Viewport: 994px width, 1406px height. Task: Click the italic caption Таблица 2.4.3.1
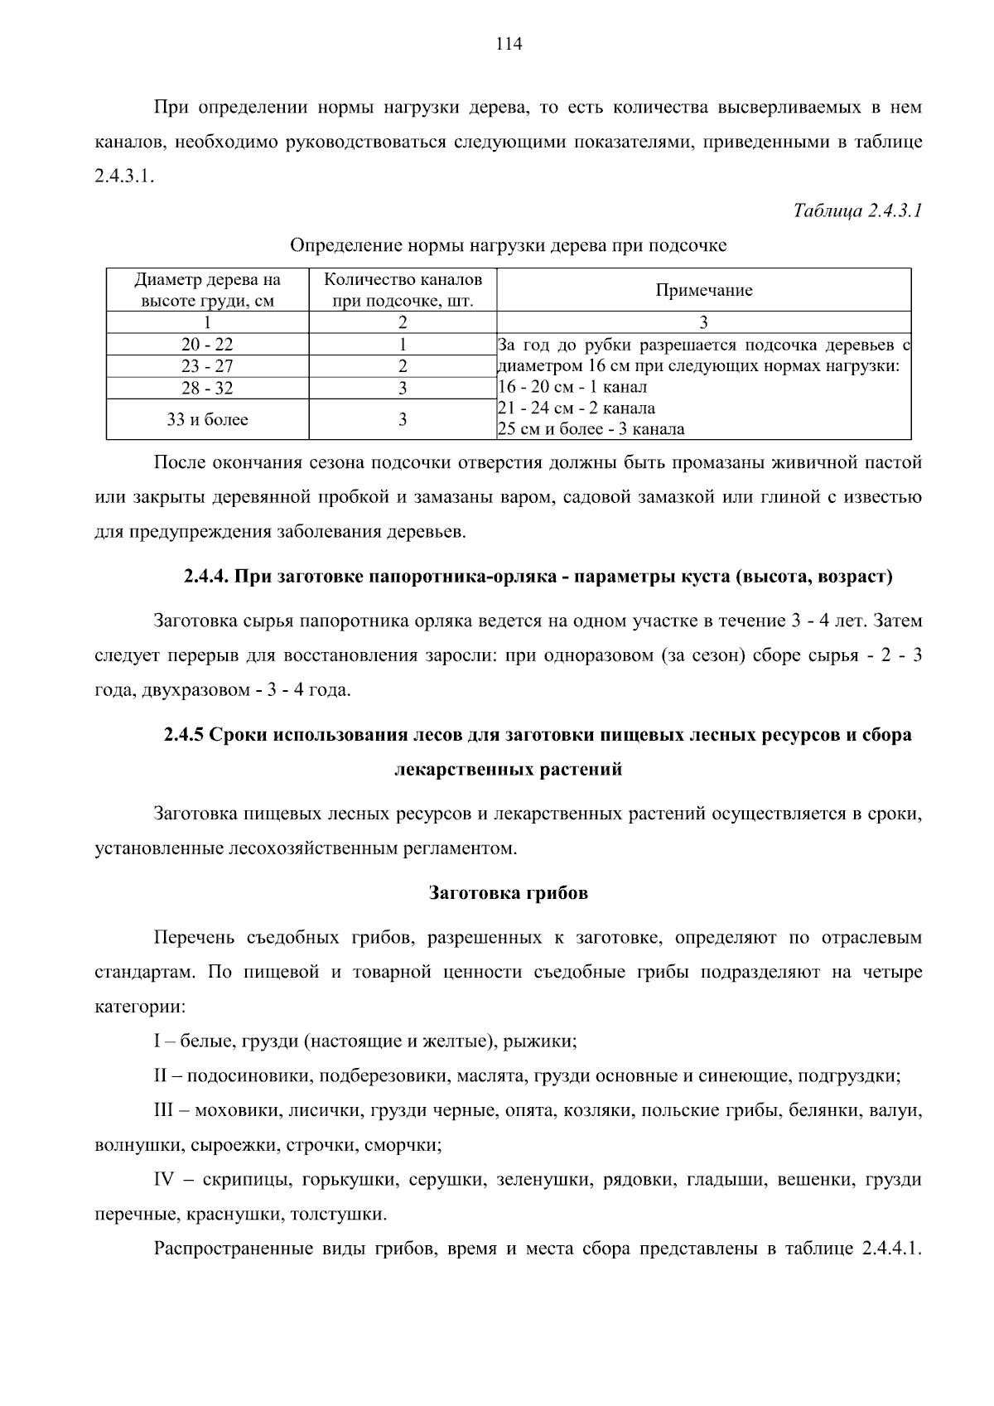(857, 210)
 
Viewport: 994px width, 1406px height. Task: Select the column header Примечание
(703, 290)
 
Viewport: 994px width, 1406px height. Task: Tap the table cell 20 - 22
(207, 345)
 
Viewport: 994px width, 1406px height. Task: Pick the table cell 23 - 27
(207, 366)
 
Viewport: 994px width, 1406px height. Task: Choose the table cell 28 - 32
(207, 388)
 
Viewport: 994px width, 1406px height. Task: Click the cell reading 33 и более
(207, 420)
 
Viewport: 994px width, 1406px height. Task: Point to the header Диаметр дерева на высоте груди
(207, 290)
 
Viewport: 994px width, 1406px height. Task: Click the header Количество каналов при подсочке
(403, 290)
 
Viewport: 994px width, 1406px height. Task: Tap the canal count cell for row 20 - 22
(403, 345)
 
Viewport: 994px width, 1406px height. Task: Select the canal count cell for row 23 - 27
(403, 366)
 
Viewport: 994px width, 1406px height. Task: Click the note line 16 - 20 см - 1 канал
(573, 387)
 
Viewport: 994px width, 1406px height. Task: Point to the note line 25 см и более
(591, 429)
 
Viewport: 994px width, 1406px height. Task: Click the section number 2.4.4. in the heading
(206, 577)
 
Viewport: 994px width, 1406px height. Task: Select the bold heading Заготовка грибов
(508, 893)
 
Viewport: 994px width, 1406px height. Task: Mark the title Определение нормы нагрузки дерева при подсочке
(508, 246)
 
